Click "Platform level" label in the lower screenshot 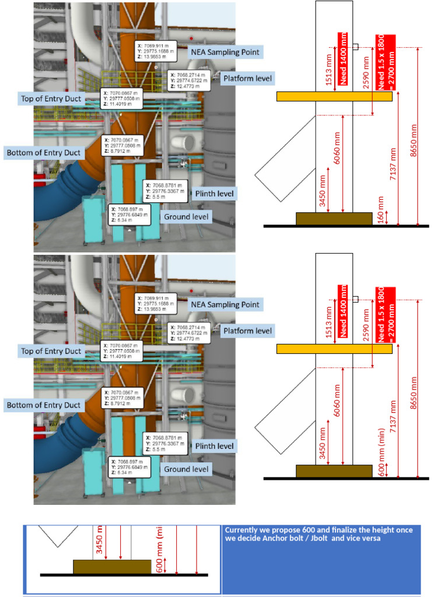pyautogui.click(x=247, y=331)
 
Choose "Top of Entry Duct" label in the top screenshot pyautogui.click(x=51, y=99)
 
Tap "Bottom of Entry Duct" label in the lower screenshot pyautogui.click(x=43, y=405)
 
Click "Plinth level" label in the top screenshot pyautogui.click(x=214, y=193)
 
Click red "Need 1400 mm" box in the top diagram pyautogui.click(x=344, y=58)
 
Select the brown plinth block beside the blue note pyautogui.click(x=111, y=566)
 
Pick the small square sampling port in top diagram pyautogui.click(x=355, y=47)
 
